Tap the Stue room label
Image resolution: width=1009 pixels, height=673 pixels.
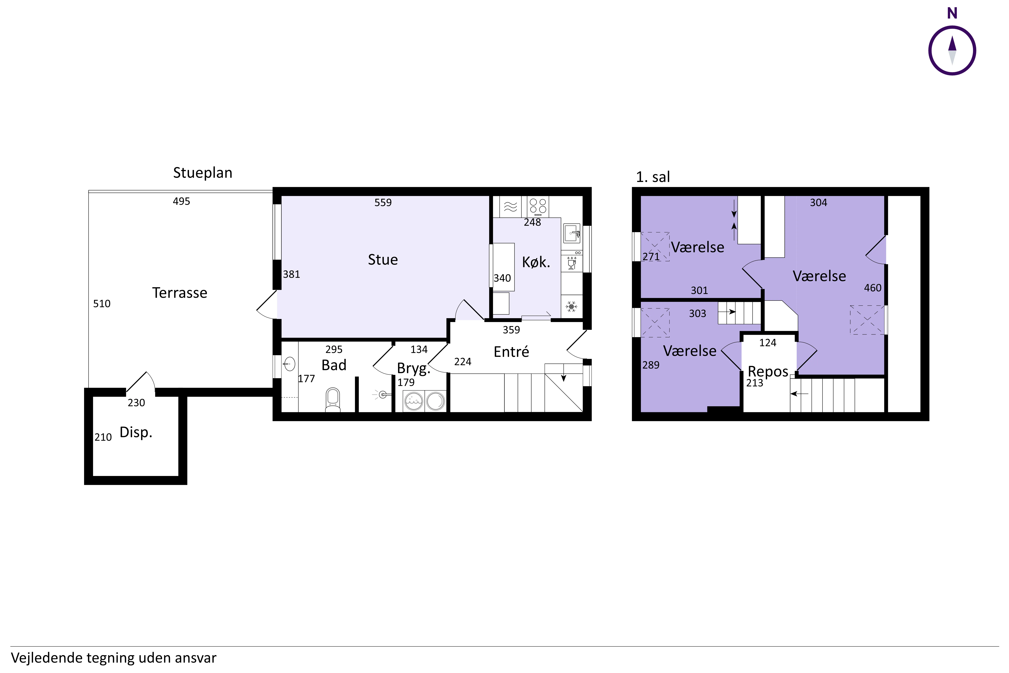(x=383, y=260)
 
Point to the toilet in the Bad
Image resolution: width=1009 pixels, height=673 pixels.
(x=333, y=400)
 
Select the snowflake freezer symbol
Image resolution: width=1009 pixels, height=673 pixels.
(x=571, y=306)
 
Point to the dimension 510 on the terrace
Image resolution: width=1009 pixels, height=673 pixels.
(x=102, y=304)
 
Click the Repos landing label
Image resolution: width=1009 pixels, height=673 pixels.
(x=768, y=371)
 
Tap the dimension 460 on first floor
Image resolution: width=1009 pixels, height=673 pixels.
(x=873, y=288)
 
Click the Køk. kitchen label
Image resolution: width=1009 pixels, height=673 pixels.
(x=536, y=262)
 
